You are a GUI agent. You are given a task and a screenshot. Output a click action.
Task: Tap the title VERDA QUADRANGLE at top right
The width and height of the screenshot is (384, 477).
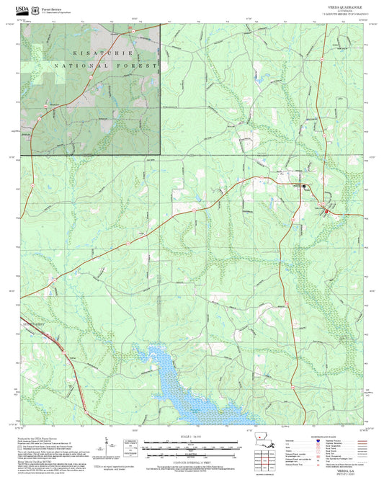pyautogui.click(x=343, y=5)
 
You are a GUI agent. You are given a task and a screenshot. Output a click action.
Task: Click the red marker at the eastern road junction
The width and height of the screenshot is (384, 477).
pyautogui.click(x=325, y=210)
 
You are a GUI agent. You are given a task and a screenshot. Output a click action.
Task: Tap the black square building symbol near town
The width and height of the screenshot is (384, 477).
pyautogui.click(x=304, y=187)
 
